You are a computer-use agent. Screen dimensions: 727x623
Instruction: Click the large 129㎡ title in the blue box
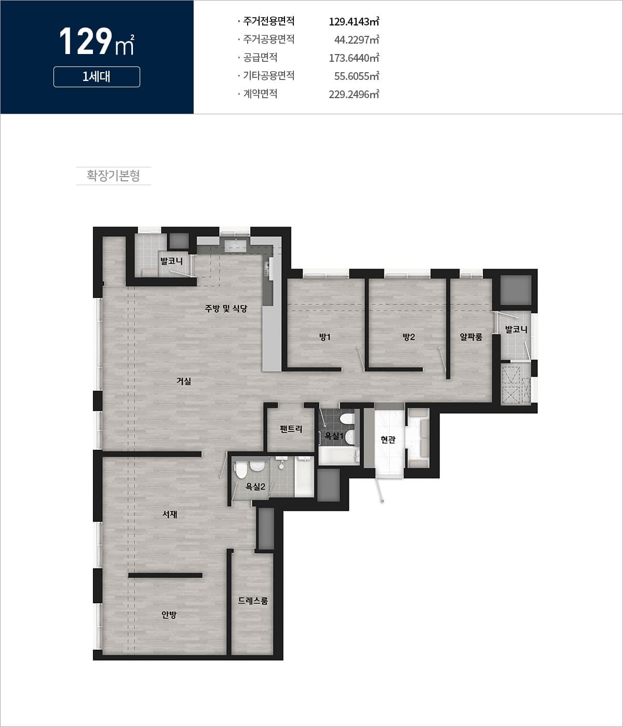click(x=97, y=42)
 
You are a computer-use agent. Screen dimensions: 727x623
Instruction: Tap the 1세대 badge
click(x=97, y=77)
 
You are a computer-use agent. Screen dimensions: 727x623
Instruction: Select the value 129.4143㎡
click(x=354, y=21)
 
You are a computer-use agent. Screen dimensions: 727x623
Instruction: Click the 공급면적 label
click(x=260, y=57)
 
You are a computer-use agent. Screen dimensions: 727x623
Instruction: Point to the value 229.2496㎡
click(x=354, y=94)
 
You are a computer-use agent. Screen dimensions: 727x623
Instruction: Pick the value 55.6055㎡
click(x=356, y=76)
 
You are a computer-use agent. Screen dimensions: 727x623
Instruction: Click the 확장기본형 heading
click(x=113, y=176)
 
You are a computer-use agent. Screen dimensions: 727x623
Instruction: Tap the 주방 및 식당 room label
click(x=226, y=308)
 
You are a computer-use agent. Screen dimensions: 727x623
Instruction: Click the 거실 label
click(x=184, y=381)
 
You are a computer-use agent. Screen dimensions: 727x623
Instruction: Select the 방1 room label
click(x=325, y=337)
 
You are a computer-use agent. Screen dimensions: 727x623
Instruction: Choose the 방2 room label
click(x=409, y=337)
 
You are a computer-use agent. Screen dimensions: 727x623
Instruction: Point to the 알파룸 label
click(x=471, y=337)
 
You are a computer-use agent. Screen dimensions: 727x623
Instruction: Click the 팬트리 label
click(x=291, y=429)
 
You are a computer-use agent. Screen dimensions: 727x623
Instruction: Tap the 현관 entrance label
click(x=388, y=440)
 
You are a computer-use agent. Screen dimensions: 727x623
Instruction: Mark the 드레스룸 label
click(x=253, y=601)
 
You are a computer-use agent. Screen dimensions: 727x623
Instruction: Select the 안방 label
click(x=169, y=615)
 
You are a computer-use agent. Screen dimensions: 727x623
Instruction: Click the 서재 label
click(x=170, y=514)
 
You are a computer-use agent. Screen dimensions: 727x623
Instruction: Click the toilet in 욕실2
click(x=240, y=470)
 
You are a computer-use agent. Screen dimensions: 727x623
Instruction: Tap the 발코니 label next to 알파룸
click(x=516, y=329)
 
